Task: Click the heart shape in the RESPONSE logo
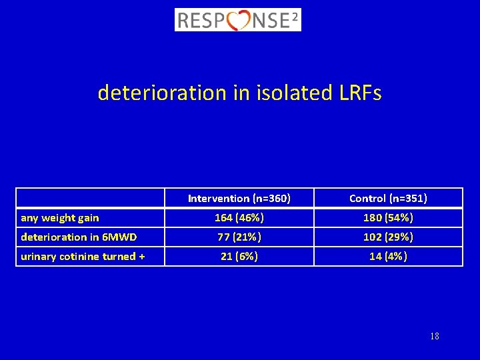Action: tap(238, 21)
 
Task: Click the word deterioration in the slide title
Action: tap(162, 93)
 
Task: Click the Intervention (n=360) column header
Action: tap(239, 198)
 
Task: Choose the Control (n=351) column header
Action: tap(388, 198)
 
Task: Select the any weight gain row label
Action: tap(60, 217)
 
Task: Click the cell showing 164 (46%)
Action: tap(239, 217)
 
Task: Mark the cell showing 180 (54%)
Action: tap(388, 217)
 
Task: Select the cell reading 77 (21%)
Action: tap(239, 237)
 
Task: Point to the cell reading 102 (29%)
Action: tap(388, 237)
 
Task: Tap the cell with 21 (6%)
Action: tap(239, 256)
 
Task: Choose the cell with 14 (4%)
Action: tap(388, 256)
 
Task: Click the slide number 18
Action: tap(435, 336)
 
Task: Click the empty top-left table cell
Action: tap(90, 198)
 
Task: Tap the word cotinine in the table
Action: tap(81, 256)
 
